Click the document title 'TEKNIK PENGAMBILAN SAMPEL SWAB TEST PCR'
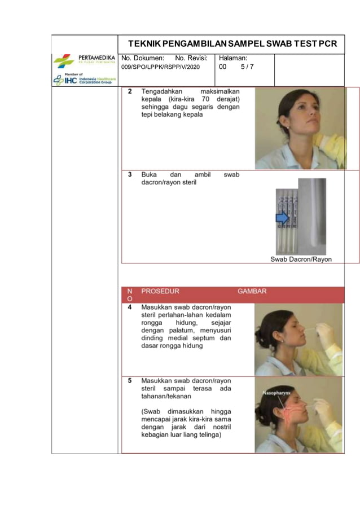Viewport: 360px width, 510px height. pos(232,43)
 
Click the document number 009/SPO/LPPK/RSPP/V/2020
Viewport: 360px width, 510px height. pos(160,67)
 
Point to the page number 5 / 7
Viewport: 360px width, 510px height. pos(247,67)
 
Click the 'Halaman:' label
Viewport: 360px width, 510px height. pos(233,58)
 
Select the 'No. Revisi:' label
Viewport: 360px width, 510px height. pos(191,58)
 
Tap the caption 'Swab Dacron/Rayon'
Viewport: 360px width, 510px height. pos(301,260)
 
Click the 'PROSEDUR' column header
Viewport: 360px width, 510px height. pos(160,292)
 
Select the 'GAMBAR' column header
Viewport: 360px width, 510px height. pos(252,292)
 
